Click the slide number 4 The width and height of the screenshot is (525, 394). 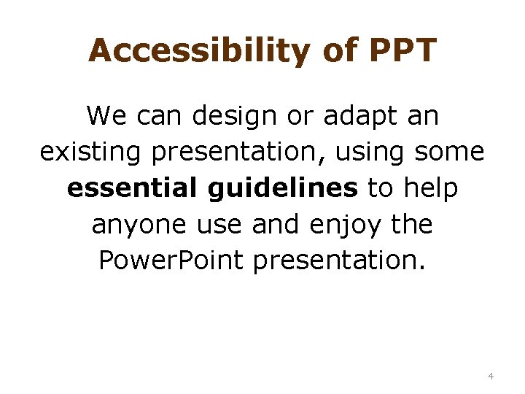491,376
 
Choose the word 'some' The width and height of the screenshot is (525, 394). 449,152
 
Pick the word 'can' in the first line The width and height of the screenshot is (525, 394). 152,115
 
